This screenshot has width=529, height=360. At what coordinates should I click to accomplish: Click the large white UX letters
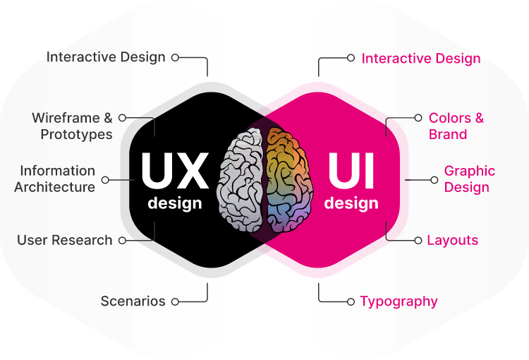[174, 170]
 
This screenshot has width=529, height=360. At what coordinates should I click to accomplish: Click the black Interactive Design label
[106, 57]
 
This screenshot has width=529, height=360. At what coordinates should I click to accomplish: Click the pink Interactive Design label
[421, 59]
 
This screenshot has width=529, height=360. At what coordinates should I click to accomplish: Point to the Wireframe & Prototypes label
[72, 126]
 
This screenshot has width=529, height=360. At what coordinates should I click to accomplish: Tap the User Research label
[65, 240]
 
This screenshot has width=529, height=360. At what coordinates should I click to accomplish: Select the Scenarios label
[133, 301]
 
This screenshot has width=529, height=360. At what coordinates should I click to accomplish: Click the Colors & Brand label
[456, 126]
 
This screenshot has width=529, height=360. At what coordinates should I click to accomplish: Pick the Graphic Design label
[469, 179]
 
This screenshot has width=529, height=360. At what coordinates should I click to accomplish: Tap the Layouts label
[452, 240]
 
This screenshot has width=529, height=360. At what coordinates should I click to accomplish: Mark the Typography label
[399, 301]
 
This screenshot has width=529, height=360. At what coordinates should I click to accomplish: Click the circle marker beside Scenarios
[175, 301]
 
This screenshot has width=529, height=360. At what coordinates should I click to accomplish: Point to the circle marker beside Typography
[351, 301]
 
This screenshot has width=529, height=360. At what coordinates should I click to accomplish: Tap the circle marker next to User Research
[122, 240]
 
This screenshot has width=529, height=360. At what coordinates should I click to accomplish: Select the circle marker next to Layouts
[418, 240]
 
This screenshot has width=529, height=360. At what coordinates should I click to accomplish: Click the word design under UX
[174, 204]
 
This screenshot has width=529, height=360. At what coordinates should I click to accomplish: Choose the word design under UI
[351, 204]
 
